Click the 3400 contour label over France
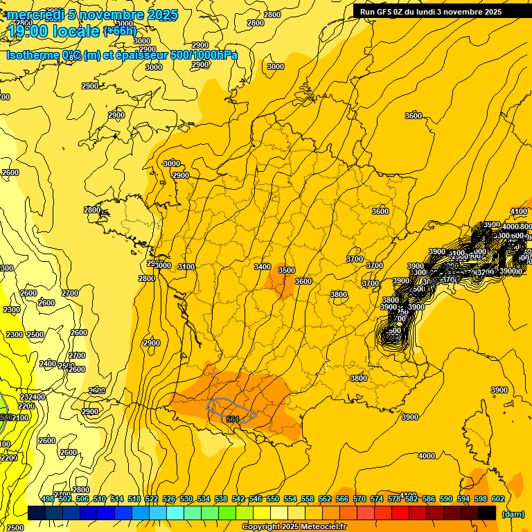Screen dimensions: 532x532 click(263, 267)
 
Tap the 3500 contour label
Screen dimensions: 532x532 click(286, 270)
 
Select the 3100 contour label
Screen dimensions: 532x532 click(186, 267)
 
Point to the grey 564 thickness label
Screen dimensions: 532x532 click(233, 419)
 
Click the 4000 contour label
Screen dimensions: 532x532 click(427, 456)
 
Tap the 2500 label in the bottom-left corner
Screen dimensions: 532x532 click(15, 527)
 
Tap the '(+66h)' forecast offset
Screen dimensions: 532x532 click(120, 31)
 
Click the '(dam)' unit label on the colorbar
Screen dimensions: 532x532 click(512, 514)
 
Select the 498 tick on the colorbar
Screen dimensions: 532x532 click(47, 499)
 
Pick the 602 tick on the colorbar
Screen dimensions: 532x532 click(497, 499)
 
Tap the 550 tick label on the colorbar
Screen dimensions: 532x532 click(273, 499)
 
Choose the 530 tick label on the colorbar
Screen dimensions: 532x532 click(186, 499)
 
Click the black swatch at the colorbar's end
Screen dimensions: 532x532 click(487, 513)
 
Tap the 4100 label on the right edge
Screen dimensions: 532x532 click(519, 211)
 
